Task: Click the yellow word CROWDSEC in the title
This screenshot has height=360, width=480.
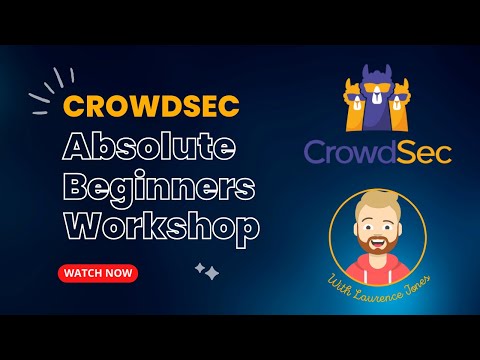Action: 140,105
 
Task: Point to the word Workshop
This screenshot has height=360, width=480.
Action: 161,226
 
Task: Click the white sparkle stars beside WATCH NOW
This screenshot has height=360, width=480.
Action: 207,271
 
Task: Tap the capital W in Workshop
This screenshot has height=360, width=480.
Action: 82,226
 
